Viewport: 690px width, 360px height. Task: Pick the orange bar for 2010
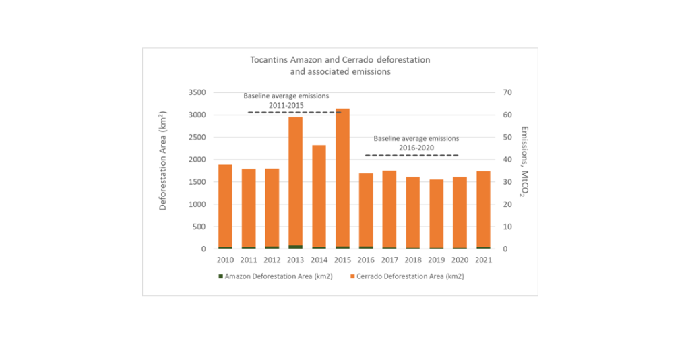point(225,206)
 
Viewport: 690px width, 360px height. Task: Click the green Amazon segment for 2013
point(295,247)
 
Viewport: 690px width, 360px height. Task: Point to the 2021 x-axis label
point(483,260)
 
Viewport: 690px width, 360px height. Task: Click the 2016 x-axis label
point(366,260)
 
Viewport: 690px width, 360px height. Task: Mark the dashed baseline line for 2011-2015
point(294,112)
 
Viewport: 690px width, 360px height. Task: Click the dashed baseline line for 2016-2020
point(412,156)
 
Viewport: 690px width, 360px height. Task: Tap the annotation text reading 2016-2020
point(416,146)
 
